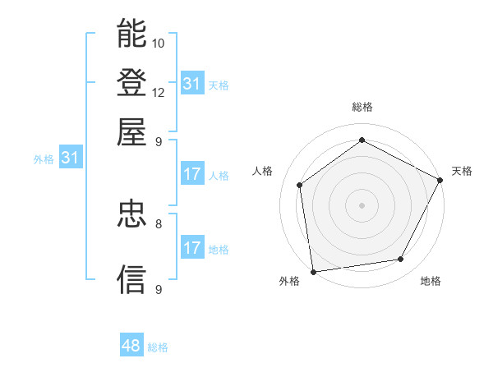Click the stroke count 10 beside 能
pos(159,43)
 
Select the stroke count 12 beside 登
pos(159,92)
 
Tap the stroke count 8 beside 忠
pos(159,223)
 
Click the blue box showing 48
pos(131,346)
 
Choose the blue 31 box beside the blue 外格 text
pos(70,159)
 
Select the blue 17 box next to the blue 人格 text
pos(192,174)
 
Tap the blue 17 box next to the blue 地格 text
pos(192,248)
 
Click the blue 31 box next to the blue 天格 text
pos(192,84)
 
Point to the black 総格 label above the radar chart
pos(362,107)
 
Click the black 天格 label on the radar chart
pos(462,171)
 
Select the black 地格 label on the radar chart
pos(431,282)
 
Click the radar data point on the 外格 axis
pos(312,271)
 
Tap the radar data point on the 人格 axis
pos(300,185)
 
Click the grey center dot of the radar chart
pos(362,204)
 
